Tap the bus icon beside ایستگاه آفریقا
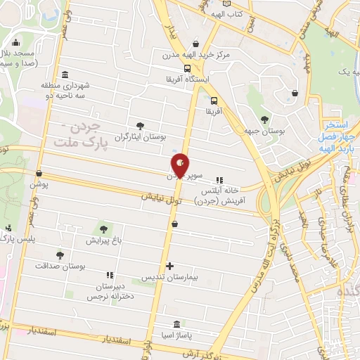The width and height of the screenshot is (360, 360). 187,68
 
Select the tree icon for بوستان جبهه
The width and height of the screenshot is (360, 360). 264,119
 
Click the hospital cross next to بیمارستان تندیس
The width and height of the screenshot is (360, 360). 169,266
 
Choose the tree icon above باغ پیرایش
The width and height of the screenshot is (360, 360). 104,229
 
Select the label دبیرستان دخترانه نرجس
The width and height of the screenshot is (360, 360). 109,292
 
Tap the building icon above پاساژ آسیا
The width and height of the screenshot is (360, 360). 176,324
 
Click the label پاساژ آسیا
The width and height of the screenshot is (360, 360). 176,336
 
